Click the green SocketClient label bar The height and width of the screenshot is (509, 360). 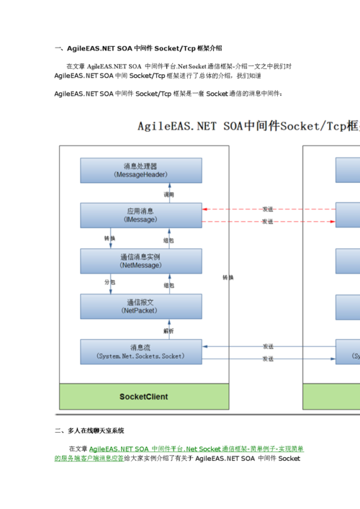click(144, 397)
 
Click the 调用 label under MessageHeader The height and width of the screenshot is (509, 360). click(168, 194)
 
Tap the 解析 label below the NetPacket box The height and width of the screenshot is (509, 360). click(168, 330)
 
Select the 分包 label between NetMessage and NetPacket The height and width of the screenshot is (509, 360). click(109, 283)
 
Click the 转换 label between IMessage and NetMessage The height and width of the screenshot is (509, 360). click(109, 238)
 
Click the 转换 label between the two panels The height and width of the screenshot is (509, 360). click(228, 277)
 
